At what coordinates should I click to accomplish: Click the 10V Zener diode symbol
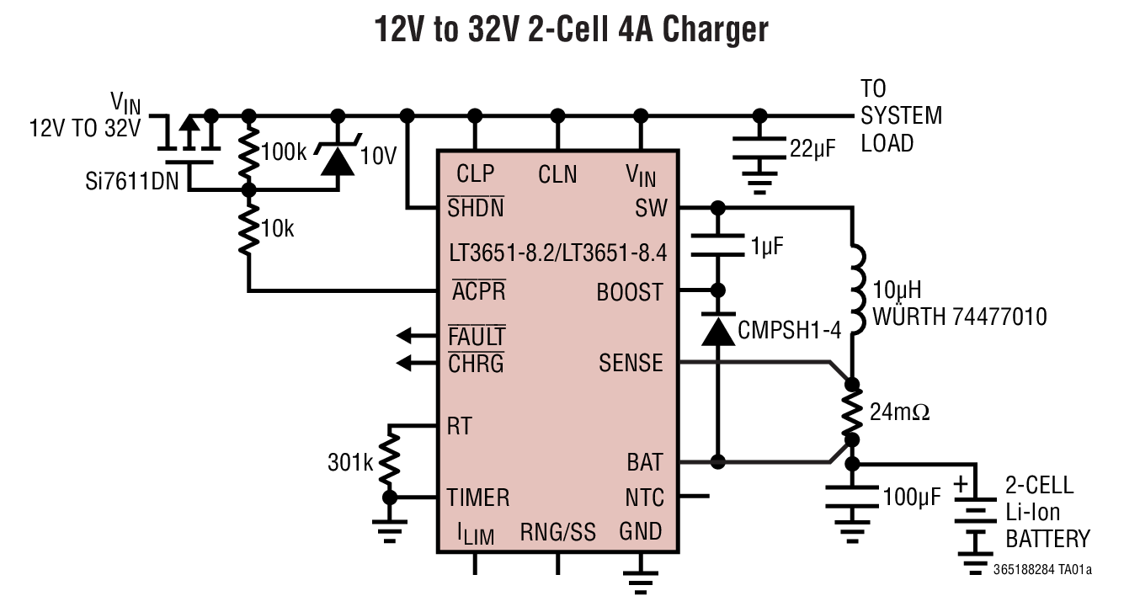(x=338, y=157)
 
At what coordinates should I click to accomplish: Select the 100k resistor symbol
(x=248, y=152)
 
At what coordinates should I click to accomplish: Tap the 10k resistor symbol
(x=248, y=229)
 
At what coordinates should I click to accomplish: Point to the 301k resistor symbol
(x=389, y=460)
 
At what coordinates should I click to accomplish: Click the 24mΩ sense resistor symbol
(x=852, y=412)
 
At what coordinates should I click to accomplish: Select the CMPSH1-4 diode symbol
(x=717, y=331)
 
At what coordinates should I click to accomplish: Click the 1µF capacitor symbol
(x=717, y=246)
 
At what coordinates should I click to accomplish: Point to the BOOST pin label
(x=630, y=293)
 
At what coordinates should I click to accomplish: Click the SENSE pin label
(x=631, y=363)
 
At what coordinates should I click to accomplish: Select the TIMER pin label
(x=477, y=498)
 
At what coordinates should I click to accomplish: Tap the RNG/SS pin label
(x=557, y=532)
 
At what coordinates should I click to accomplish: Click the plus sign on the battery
(x=961, y=486)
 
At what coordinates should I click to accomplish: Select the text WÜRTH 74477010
(x=960, y=317)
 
